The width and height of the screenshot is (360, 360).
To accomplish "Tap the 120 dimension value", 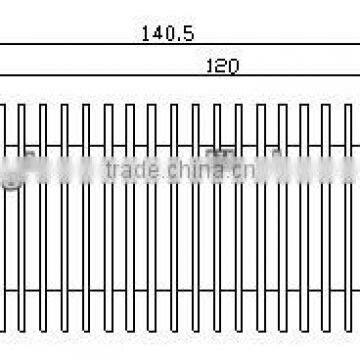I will click(x=222, y=66).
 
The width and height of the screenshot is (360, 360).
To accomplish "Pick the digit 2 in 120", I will click(x=222, y=66).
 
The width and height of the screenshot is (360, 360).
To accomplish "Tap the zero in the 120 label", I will click(x=232, y=66).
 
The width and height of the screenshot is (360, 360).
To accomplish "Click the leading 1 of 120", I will click(x=211, y=66).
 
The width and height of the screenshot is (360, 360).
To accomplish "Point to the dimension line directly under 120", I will click(x=222, y=78).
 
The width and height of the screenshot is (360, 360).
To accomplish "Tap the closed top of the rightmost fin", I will click(x=349, y=104).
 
